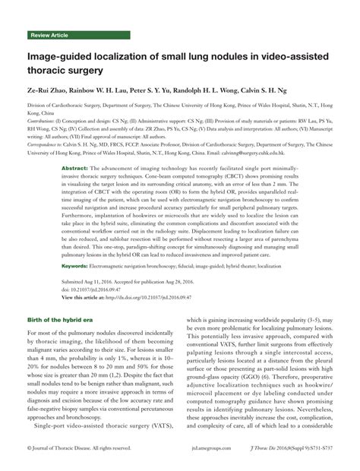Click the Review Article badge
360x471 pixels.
coord(51,36)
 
